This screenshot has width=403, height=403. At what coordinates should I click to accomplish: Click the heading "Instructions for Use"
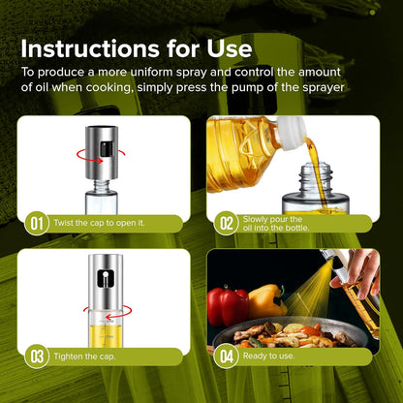pos(136,47)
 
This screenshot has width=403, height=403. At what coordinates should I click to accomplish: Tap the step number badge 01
pos(37,223)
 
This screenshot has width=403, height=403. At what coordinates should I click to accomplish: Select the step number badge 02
pos(227,223)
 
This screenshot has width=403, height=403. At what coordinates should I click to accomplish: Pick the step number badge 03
pos(37,356)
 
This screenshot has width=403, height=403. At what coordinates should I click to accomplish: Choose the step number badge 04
pos(227,356)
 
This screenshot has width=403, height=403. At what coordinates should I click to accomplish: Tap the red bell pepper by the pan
pos(229,307)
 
